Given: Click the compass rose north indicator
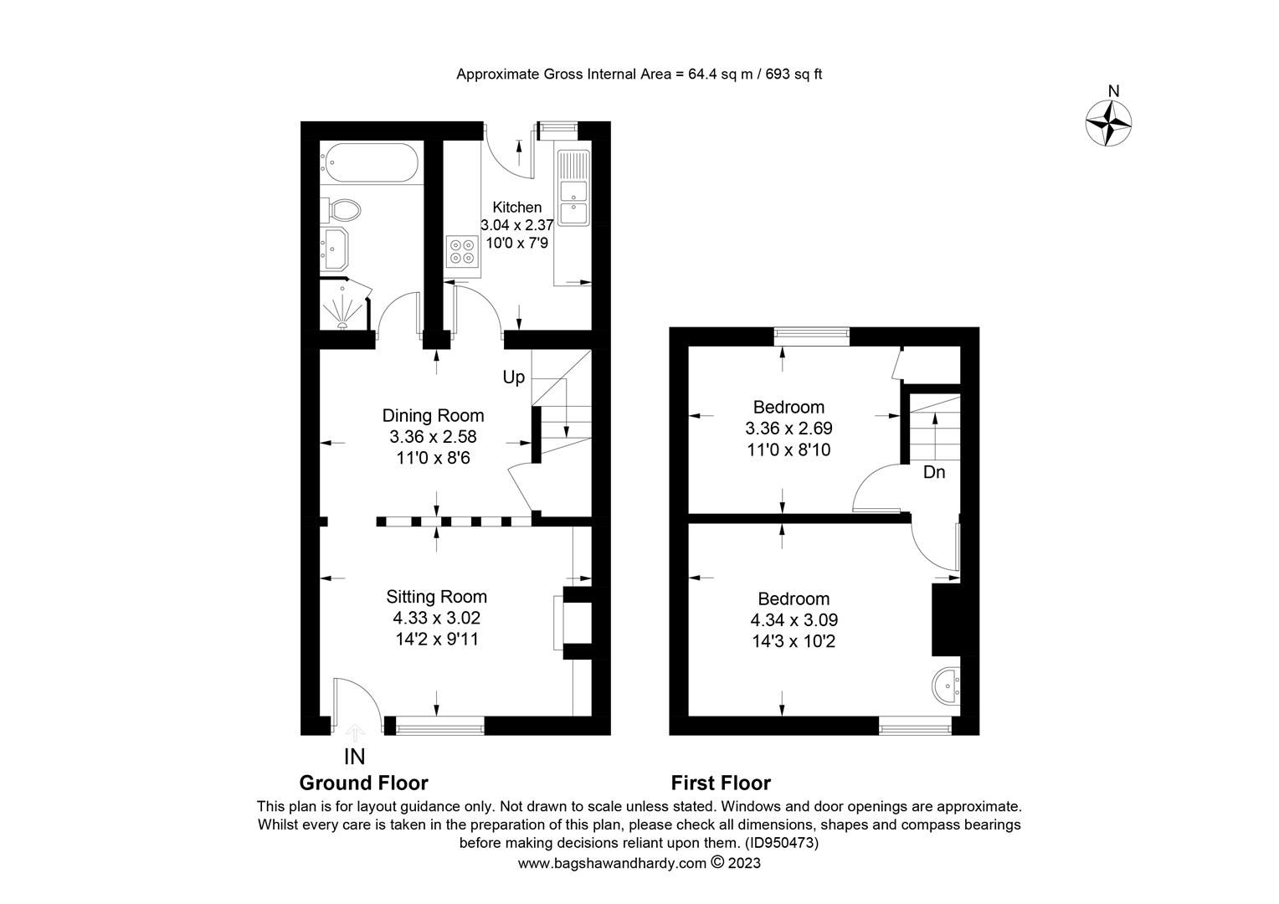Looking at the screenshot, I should [x=1109, y=122].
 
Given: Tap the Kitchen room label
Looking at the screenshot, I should [x=516, y=208].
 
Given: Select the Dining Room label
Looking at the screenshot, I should [x=433, y=415].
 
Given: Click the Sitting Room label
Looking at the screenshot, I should [x=436, y=597].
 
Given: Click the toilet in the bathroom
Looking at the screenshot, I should [x=343, y=208].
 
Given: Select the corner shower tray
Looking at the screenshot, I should [x=344, y=306].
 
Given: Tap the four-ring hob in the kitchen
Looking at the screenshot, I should [x=463, y=251].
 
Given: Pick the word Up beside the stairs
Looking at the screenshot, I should [x=513, y=378].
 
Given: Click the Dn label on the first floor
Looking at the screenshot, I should [x=934, y=473].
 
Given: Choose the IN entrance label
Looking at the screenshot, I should [x=355, y=757].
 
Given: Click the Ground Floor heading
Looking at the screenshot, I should [x=364, y=783].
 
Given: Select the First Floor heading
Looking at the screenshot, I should [x=721, y=783].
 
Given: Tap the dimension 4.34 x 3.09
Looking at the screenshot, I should [x=794, y=620].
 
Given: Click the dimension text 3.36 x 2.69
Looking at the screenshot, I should [x=788, y=429].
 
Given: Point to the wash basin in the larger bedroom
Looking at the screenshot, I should [x=946, y=686].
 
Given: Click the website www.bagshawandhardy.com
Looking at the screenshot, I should [x=612, y=863].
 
